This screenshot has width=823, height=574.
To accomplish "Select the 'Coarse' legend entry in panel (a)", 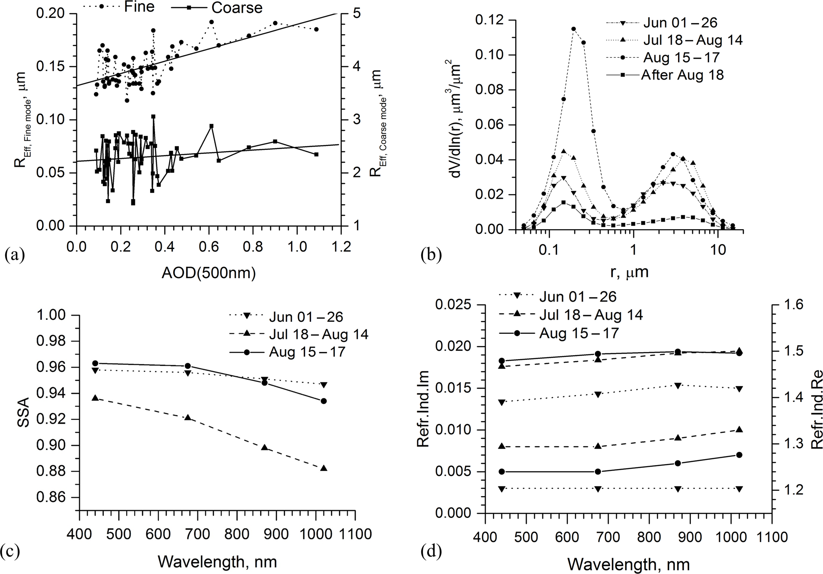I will pos(237,8).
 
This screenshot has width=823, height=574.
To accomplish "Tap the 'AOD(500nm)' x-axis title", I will pos(208,273).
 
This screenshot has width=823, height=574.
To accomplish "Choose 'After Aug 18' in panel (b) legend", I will pos(682,75).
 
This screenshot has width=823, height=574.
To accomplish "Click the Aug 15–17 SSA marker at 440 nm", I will pos(95,363).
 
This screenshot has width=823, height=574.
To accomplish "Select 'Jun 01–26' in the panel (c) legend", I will pos(306,317).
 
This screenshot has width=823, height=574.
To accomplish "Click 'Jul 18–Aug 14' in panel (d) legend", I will pos(591,315).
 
